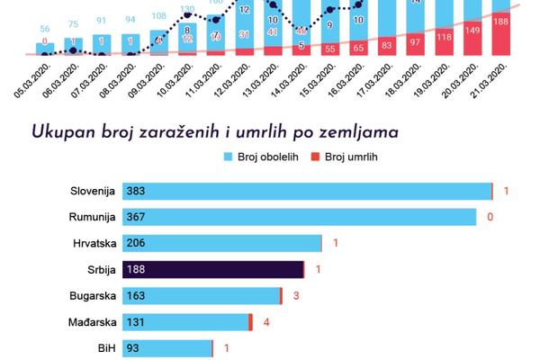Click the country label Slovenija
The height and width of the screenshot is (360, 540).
(93, 192)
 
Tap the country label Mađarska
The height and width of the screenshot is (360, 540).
(91, 321)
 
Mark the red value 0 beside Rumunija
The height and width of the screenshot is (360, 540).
(490, 218)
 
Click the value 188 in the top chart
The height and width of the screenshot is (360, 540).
(501, 21)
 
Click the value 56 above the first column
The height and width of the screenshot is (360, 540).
(45, 29)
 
